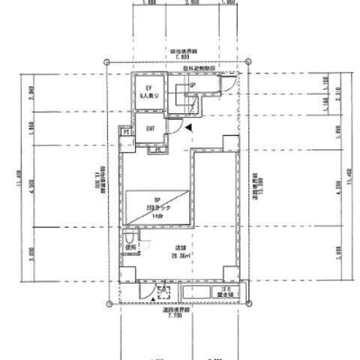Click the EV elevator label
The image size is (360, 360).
[x=148, y=91]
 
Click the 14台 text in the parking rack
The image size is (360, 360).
[x=156, y=215]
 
